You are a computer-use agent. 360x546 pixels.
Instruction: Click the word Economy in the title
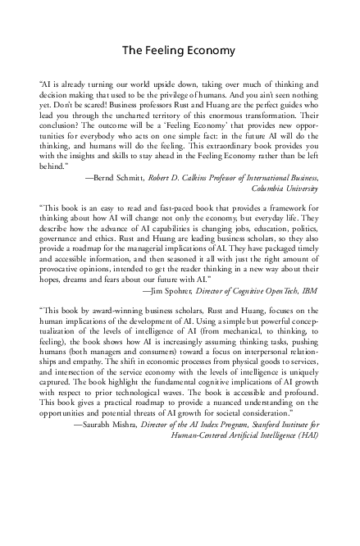207,50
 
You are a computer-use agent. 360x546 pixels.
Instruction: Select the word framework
293,212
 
